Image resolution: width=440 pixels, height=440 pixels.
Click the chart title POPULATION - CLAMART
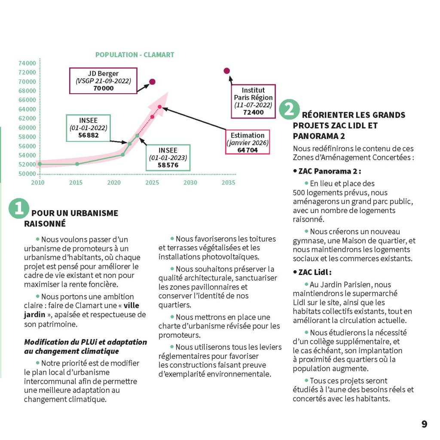coord(134,55)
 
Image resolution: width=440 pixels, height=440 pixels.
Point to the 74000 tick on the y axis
coord(27,63)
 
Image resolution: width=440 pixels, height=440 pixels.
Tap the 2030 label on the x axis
coord(190,183)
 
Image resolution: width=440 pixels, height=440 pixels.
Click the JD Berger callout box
coord(103,81)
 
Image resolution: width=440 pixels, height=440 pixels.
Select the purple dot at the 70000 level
coord(152,82)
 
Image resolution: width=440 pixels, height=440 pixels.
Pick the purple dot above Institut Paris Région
coord(227,71)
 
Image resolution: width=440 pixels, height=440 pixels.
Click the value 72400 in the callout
coord(253,112)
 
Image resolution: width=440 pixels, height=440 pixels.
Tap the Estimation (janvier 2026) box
coord(247,142)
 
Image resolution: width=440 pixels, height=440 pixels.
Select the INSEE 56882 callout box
coord(88,128)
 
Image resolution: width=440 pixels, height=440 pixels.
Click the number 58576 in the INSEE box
coord(168,165)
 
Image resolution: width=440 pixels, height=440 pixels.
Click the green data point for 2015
coord(77,164)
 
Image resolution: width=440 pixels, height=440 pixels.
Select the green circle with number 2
coord(289,110)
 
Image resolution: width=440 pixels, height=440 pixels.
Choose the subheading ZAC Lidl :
coord(315,272)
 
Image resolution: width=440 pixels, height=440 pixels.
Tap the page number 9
coord(424,424)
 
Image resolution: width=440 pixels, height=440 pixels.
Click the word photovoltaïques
coord(230,257)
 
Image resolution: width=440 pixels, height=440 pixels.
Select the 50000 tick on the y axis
coord(27,174)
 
